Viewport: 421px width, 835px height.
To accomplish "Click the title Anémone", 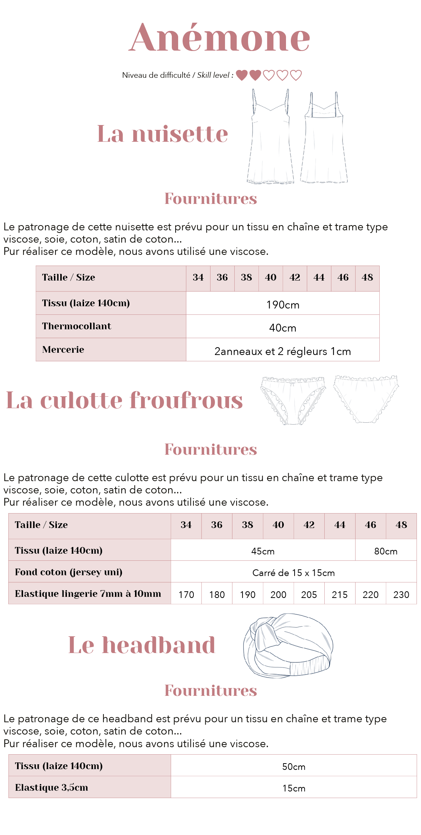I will coord(219,38).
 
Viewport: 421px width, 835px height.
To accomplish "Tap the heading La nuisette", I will coord(163,134).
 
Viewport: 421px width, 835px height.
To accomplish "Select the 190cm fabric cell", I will coord(283,304).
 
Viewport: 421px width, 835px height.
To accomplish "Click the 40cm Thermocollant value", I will coord(283,327).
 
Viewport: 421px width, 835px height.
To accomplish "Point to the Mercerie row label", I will coord(63,349).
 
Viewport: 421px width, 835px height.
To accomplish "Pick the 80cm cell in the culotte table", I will coord(386,551).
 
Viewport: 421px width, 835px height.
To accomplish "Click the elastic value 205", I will coord(309,595).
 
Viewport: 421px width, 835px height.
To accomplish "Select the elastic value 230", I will coord(401,595).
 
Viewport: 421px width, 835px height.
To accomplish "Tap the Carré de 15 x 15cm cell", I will coord(293,573).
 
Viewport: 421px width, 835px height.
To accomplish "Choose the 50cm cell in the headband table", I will coord(293,767).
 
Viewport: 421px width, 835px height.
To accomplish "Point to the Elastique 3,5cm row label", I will coord(52,787).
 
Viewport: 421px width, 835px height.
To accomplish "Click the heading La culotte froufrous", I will coord(125,400).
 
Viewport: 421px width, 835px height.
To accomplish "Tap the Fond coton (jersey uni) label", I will coord(69,572).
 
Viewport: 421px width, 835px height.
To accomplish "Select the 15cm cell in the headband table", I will coord(293,788).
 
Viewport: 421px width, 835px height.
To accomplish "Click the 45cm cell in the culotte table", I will coord(263,551).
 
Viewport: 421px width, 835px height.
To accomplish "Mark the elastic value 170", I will coord(186,595).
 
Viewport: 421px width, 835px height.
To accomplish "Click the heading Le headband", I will coord(142,645).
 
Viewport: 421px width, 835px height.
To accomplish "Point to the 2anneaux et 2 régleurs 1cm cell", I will coord(283,351).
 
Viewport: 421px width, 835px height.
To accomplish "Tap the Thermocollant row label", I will coord(77,326).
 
